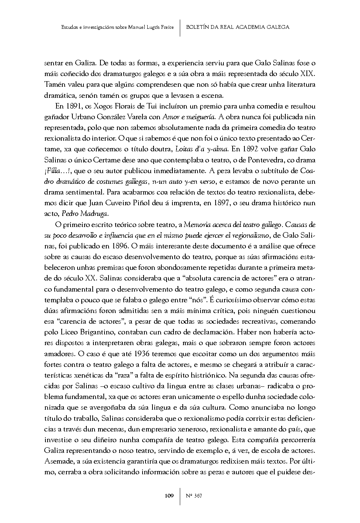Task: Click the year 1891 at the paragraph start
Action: click(x=72, y=106)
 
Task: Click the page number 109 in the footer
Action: click(x=169, y=496)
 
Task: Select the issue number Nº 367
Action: click(x=193, y=496)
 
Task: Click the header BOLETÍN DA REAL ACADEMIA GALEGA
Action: click(x=237, y=27)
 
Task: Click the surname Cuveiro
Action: click(x=130, y=203)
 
